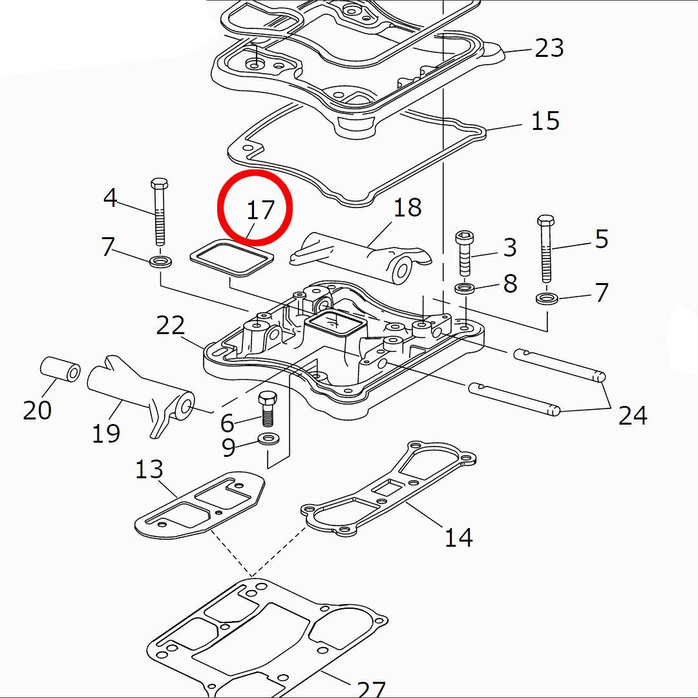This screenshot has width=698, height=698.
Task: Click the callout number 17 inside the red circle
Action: click(260, 209)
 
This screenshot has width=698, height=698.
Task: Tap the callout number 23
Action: click(549, 48)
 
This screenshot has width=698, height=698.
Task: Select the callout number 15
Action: click(545, 120)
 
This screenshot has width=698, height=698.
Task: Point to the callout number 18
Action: click(407, 207)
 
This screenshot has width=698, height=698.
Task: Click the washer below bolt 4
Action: click(160, 262)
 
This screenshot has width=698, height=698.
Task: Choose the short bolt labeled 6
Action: click(267, 407)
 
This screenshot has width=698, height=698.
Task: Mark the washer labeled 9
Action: click(267, 439)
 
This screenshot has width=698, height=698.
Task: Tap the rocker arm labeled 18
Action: click(362, 255)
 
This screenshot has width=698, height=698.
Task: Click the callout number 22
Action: click(171, 326)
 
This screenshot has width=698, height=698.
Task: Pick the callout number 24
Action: click(632, 416)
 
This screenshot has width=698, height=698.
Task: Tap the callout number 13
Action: click(149, 470)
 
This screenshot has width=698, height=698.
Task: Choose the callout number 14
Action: click(458, 536)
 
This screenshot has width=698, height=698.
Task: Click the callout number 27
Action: click(372, 689)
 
